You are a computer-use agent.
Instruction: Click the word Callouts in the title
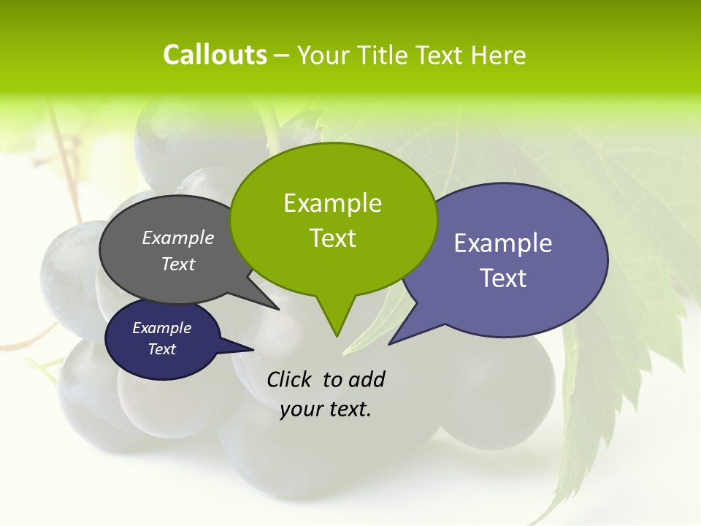215,55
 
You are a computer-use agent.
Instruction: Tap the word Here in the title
498,55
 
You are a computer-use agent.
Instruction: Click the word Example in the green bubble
333,203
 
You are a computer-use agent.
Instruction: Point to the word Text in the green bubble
333,238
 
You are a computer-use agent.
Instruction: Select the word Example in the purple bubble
503,243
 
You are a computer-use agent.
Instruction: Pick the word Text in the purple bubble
503,278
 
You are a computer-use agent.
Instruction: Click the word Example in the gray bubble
178,237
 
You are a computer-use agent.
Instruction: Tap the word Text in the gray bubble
178,264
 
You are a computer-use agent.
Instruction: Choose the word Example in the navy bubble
162,328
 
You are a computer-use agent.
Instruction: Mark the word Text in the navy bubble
162,349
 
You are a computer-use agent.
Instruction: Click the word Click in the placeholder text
291,379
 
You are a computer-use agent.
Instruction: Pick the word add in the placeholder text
367,379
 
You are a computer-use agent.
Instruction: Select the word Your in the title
323,55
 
